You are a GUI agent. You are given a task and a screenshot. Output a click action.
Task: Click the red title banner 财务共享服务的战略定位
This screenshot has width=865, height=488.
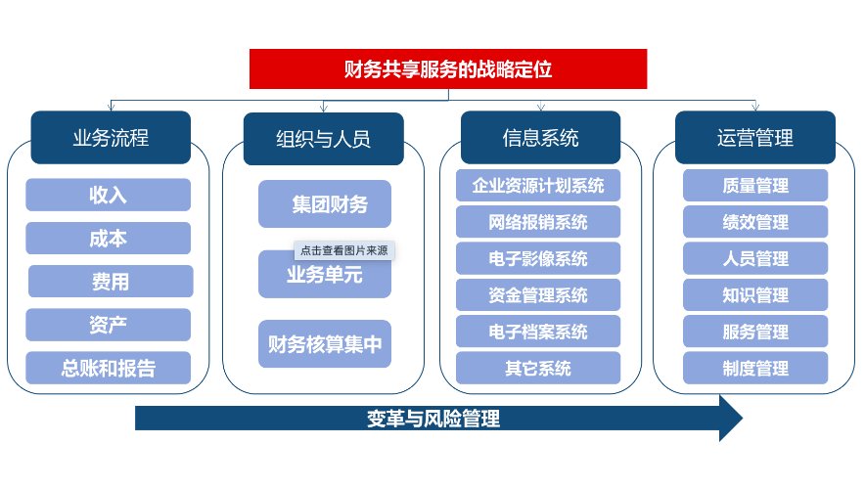tap(449, 68)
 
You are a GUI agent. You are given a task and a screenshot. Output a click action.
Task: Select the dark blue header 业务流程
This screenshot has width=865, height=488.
tap(111, 138)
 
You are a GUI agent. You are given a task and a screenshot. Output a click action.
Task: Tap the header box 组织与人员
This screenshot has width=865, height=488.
tap(323, 138)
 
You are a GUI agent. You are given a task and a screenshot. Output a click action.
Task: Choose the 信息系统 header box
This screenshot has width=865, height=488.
tap(540, 137)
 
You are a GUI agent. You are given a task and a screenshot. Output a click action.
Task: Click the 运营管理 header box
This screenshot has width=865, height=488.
tap(755, 137)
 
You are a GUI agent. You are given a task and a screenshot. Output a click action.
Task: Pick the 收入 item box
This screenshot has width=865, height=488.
tap(108, 195)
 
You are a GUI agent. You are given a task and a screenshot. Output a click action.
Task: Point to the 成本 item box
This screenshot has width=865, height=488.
tap(108, 239)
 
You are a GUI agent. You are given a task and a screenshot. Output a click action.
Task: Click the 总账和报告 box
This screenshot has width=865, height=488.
tap(108, 368)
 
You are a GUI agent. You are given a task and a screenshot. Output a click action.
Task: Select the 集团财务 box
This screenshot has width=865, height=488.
tap(325, 204)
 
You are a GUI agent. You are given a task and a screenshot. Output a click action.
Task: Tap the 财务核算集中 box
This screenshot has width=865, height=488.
tap(325, 344)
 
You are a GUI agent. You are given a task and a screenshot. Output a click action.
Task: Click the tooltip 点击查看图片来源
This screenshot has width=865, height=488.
tap(343, 250)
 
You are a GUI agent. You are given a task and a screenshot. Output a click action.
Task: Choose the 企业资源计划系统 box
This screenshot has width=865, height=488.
tap(538, 185)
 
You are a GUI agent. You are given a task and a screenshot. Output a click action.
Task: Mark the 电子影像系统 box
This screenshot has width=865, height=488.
tap(538, 258)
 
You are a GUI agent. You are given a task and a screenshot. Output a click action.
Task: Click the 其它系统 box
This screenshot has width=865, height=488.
tap(538, 368)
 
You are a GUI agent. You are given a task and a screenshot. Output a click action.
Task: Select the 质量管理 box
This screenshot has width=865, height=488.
tap(755, 185)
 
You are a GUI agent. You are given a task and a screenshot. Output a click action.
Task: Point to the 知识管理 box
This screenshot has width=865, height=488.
tap(755, 294)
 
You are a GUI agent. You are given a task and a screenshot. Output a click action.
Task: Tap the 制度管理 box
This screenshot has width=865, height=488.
tap(755, 368)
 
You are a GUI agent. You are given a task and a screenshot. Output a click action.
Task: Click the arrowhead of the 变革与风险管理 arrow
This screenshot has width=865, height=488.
tap(729, 419)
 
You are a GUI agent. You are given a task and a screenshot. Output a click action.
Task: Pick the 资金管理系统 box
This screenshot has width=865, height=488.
tap(538, 294)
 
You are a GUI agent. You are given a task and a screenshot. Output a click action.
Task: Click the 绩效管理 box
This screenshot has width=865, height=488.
tap(755, 222)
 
